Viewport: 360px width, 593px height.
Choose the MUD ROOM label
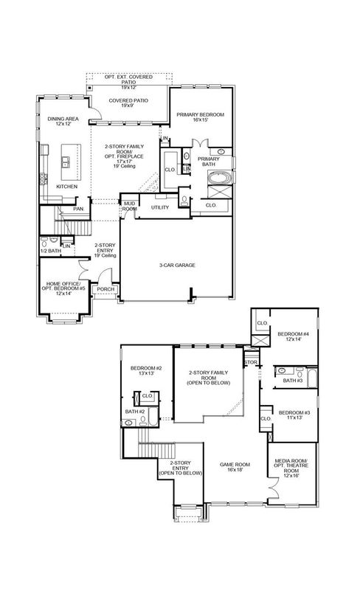point(130,206)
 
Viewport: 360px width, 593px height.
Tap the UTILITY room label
point(159,207)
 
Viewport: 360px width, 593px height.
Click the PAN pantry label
point(78,209)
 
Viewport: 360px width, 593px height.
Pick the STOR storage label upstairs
point(251,362)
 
